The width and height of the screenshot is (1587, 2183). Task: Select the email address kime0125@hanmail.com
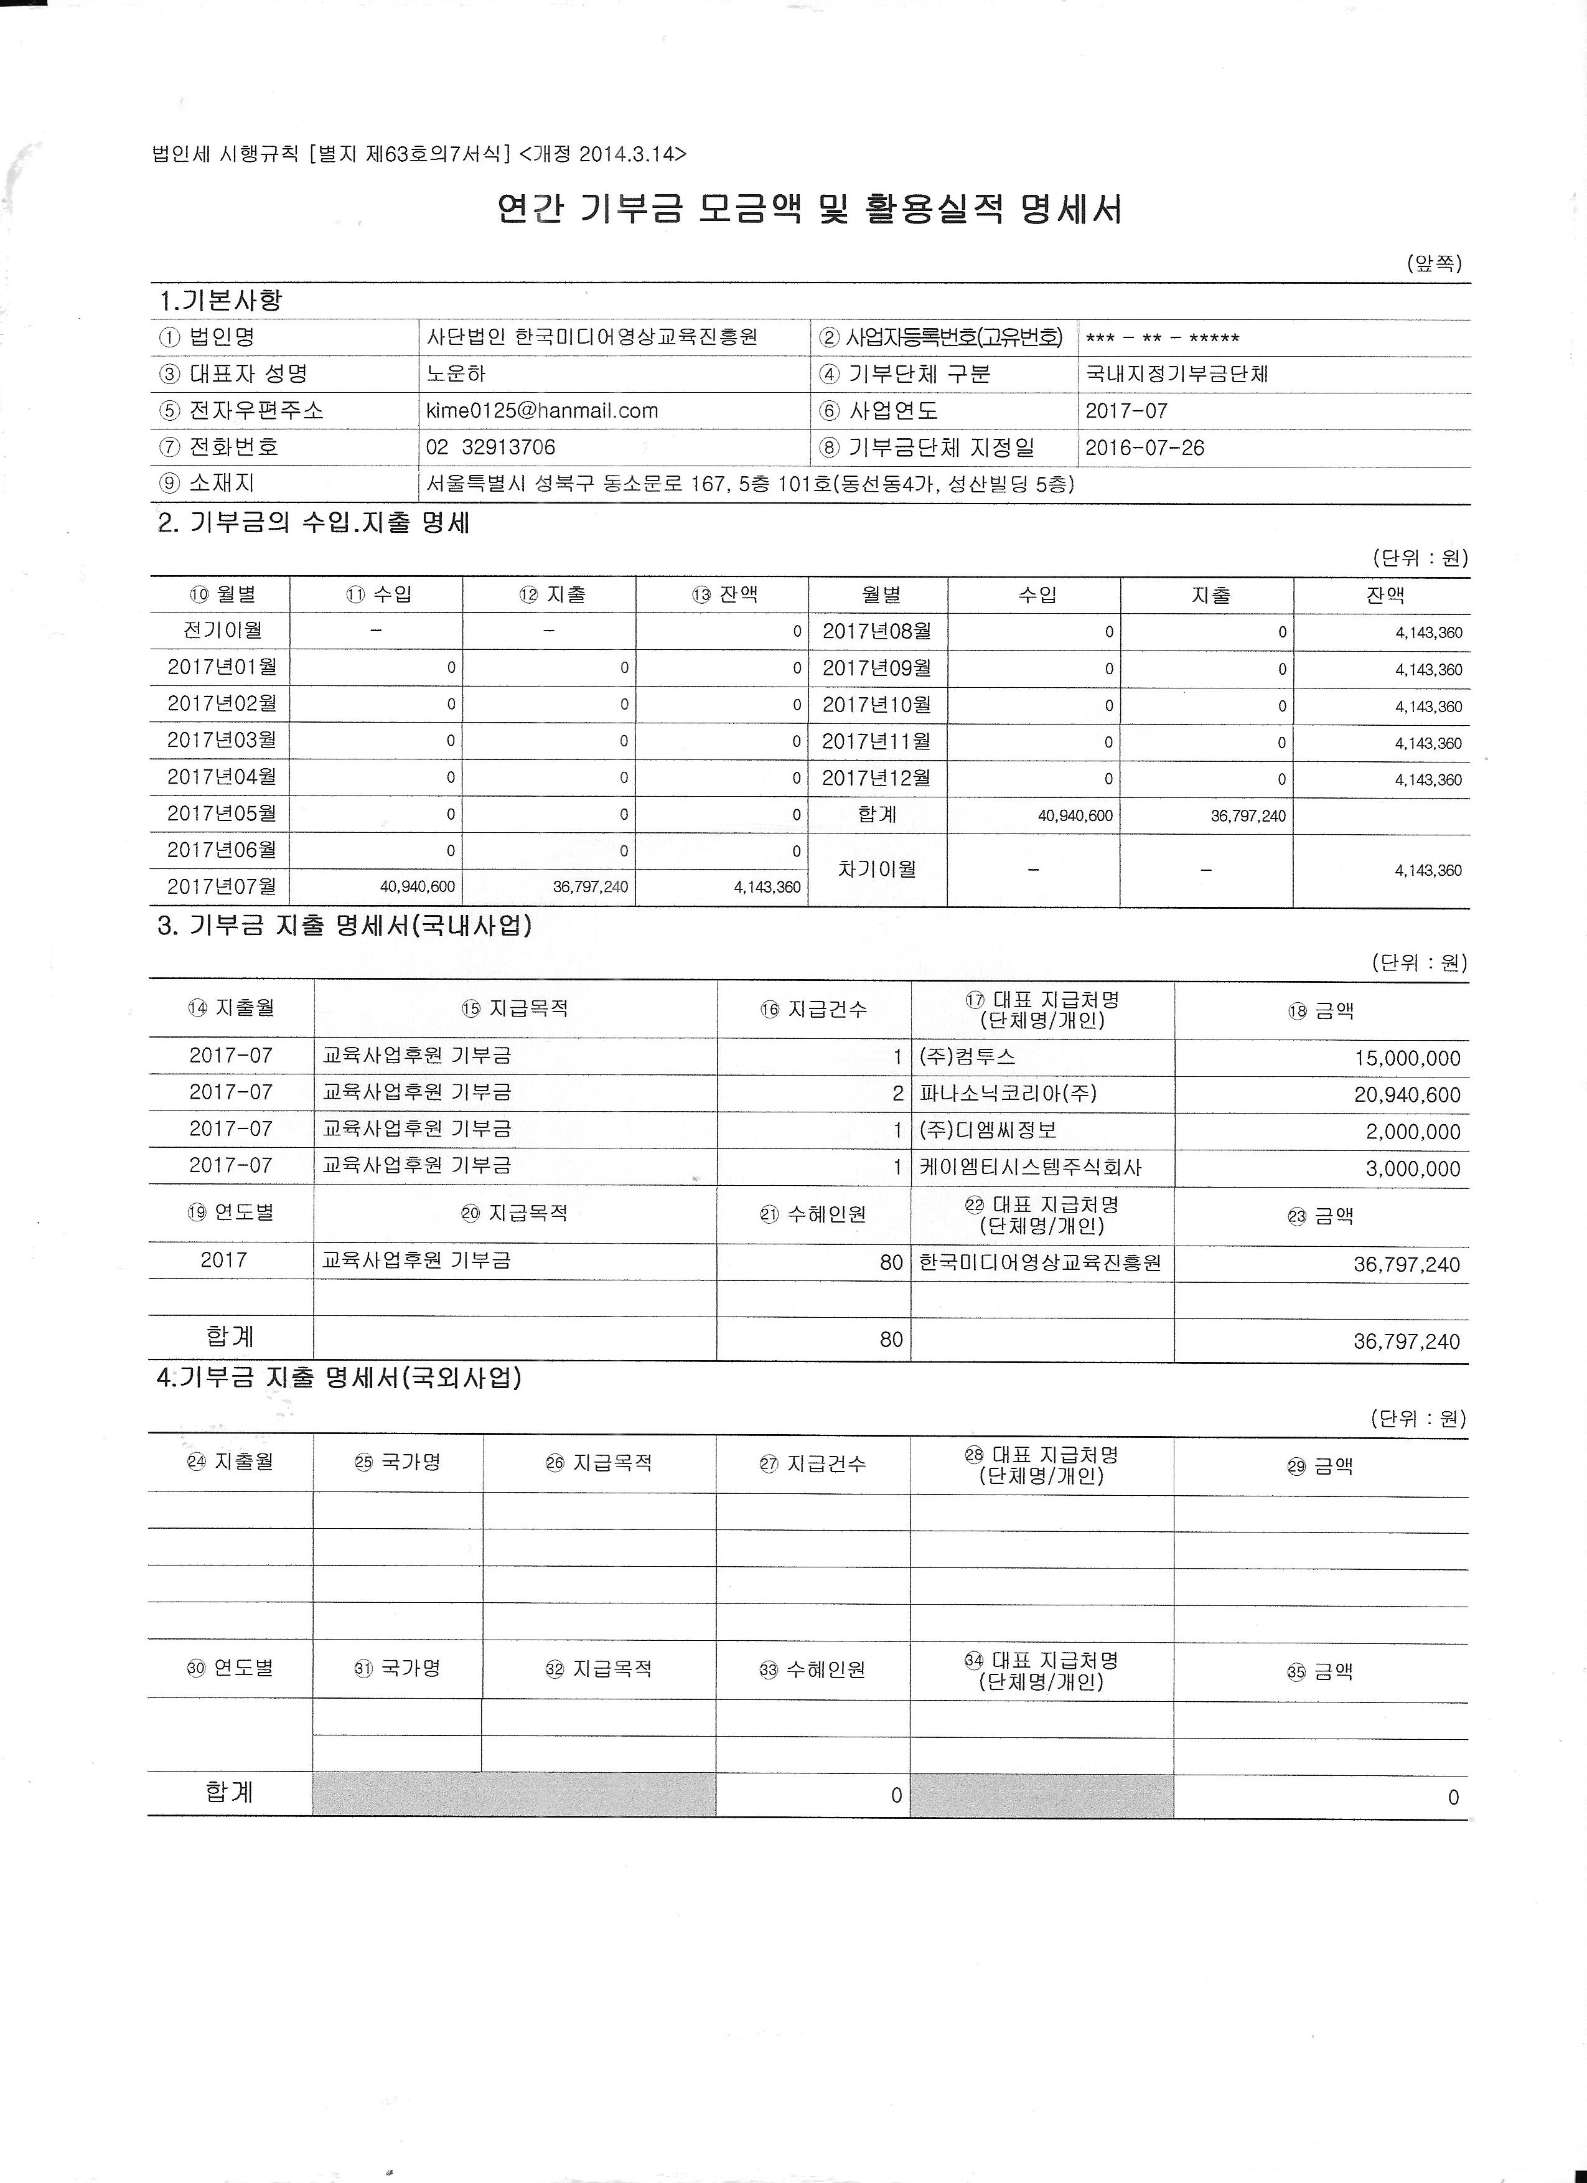pos(542,411)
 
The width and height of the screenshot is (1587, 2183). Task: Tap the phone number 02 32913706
pos(491,448)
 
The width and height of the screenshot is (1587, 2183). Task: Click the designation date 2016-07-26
pos(1145,448)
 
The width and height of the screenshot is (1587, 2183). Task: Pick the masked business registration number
pos(1161,338)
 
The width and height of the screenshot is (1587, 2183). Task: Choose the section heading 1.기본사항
pos(220,300)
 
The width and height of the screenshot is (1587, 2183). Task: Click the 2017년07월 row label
pos(222,886)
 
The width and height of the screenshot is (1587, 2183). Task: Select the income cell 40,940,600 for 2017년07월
pos(418,886)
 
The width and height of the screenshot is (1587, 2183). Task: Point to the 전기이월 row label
pos(222,631)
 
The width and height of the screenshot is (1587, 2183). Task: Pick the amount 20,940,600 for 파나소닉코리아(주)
pos(1407,1094)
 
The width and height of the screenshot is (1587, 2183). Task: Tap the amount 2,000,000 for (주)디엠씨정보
pos(1413,1132)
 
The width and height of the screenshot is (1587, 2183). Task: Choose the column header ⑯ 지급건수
pos(813,1009)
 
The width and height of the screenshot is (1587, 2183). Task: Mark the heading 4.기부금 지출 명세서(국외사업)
pos(339,1378)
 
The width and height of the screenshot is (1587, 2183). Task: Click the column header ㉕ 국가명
pos(398,1462)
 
